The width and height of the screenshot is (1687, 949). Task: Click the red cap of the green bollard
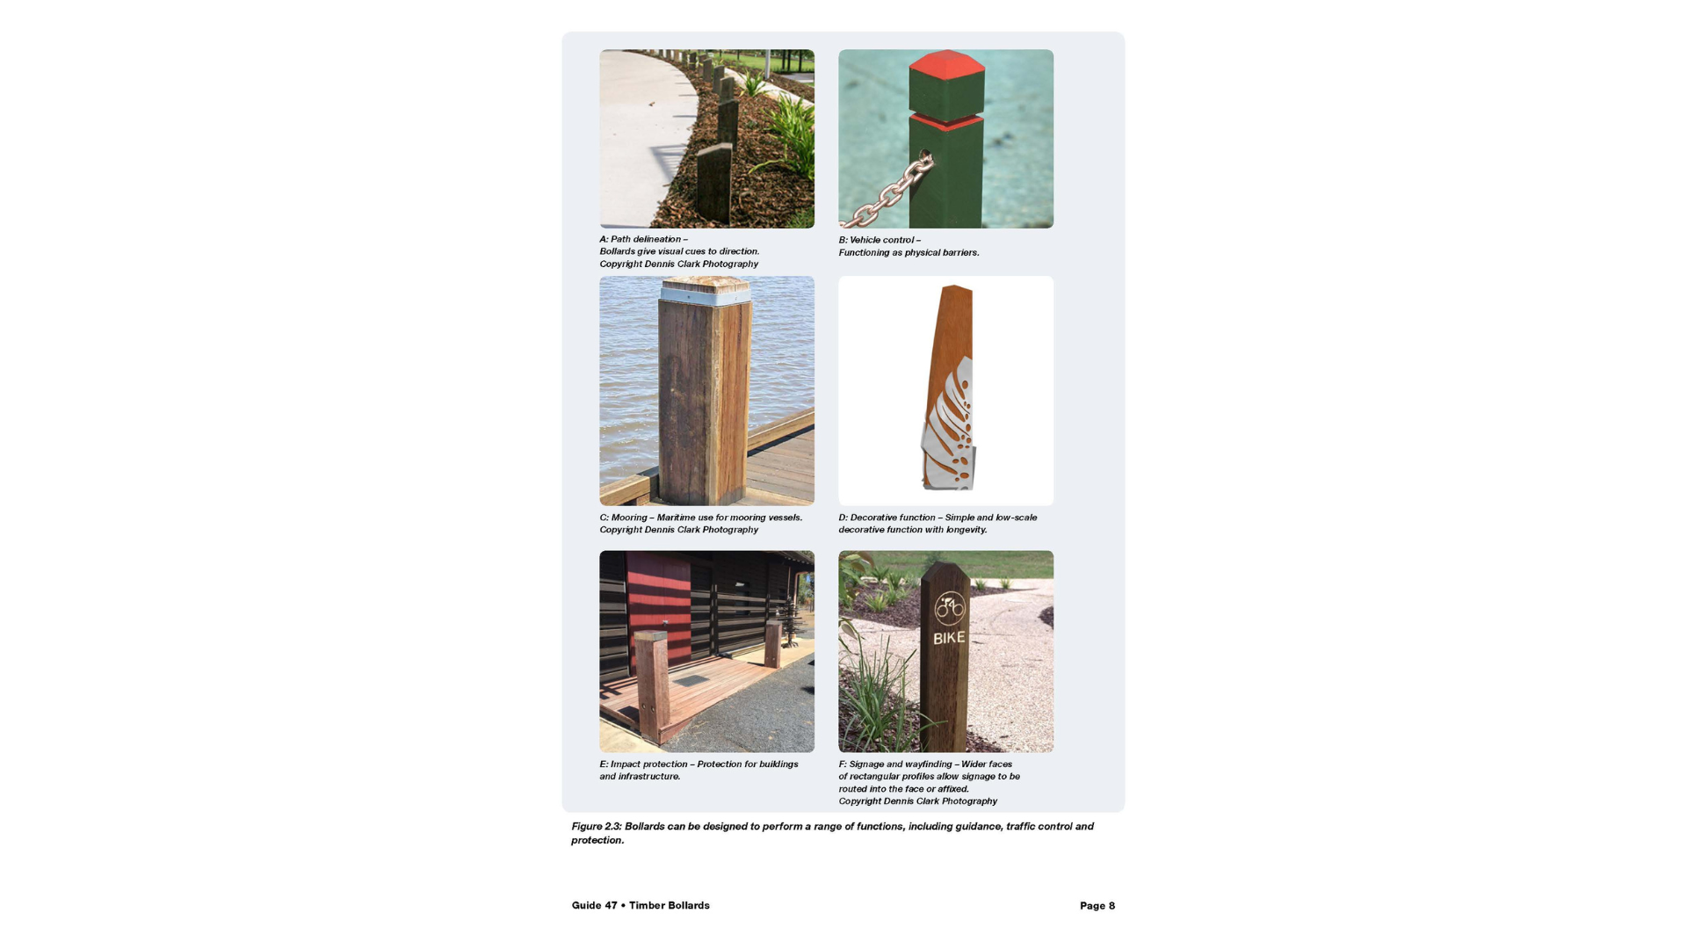click(x=946, y=64)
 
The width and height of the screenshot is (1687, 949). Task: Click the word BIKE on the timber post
click(x=949, y=638)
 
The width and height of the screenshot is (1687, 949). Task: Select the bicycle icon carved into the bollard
click(x=949, y=607)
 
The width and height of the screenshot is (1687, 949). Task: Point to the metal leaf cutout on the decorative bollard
click(x=949, y=425)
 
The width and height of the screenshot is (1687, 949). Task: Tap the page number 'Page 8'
click(x=1097, y=906)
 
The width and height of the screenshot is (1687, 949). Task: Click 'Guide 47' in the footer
click(x=595, y=906)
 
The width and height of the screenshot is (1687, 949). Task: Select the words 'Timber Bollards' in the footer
click(x=670, y=906)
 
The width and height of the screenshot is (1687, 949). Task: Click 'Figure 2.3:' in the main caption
click(x=597, y=827)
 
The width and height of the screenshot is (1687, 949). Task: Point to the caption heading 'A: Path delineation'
click(x=641, y=239)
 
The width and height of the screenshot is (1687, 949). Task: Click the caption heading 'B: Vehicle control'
click(x=876, y=240)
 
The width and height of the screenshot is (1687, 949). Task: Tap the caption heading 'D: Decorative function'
click(x=887, y=518)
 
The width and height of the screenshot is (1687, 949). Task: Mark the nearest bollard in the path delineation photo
click(x=714, y=185)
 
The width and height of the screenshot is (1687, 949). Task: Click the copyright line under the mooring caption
click(x=679, y=530)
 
